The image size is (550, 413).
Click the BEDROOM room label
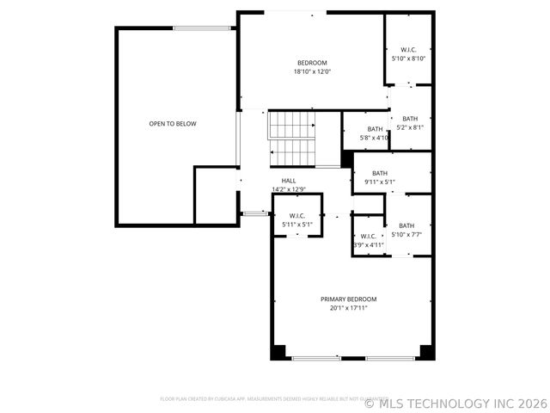click(312, 63)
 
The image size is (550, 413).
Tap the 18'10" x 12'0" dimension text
click(312, 72)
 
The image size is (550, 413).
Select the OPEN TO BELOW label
click(173, 124)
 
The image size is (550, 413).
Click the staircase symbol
click(293, 139)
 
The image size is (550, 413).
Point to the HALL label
click(288, 181)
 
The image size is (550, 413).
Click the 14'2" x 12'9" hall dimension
click(289, 189)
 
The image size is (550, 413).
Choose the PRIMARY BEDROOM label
click(348, 299)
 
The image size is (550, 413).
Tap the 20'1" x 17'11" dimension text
click(348, 308)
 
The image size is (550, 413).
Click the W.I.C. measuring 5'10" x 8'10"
click(408, 54)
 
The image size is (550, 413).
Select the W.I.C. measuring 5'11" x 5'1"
click(297, 220)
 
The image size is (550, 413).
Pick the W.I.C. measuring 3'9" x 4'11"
click(368, 240)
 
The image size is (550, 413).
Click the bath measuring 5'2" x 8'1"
click(409, 123)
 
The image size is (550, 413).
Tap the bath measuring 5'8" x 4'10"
click(375, 133)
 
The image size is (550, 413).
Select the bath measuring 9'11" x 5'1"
click(379, 177)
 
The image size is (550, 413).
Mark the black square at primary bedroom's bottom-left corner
click(278, 352)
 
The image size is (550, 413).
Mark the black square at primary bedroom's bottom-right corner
click(426, 352)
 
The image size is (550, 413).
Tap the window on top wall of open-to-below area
click(202, 28)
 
